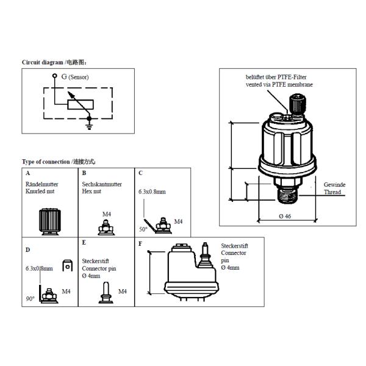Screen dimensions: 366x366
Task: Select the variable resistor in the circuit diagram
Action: [79, 102]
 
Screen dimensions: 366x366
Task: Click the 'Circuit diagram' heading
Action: [58, 62]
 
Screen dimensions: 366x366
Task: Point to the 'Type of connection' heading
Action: [59, 162]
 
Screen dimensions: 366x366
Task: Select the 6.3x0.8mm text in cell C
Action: [152, 191]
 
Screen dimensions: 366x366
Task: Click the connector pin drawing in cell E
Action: [103, 292]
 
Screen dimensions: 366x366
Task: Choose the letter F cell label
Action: [141, 243]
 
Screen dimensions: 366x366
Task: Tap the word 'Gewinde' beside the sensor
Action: [334, 184]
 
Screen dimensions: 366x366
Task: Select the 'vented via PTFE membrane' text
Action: [279, 84]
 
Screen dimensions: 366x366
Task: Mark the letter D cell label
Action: [27, 249]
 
